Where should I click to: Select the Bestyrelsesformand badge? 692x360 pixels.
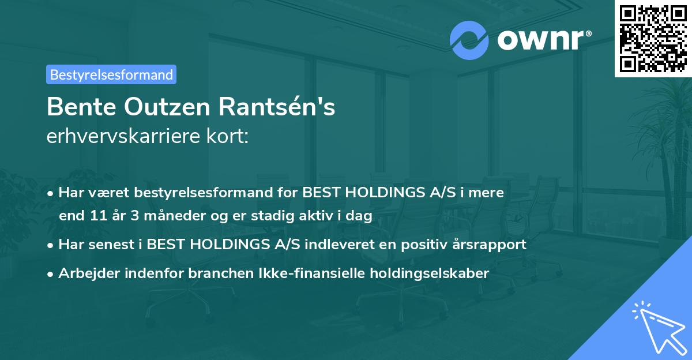[x=111, y=74]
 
